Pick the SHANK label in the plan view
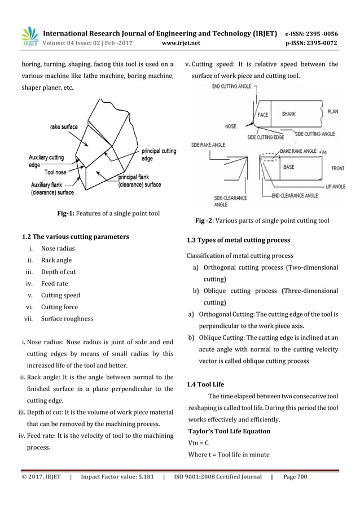click(289, 113)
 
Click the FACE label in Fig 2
click(263, 114)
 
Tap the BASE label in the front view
click(288, 167)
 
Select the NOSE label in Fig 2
click(230, 126)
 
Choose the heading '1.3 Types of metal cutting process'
click(238, 241)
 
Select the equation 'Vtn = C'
click(198, 442)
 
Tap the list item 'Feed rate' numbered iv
click(54, 284)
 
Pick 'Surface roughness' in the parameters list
click(67, 319)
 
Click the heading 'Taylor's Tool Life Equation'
click(229, 431)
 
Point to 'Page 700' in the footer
click(295, 477)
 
